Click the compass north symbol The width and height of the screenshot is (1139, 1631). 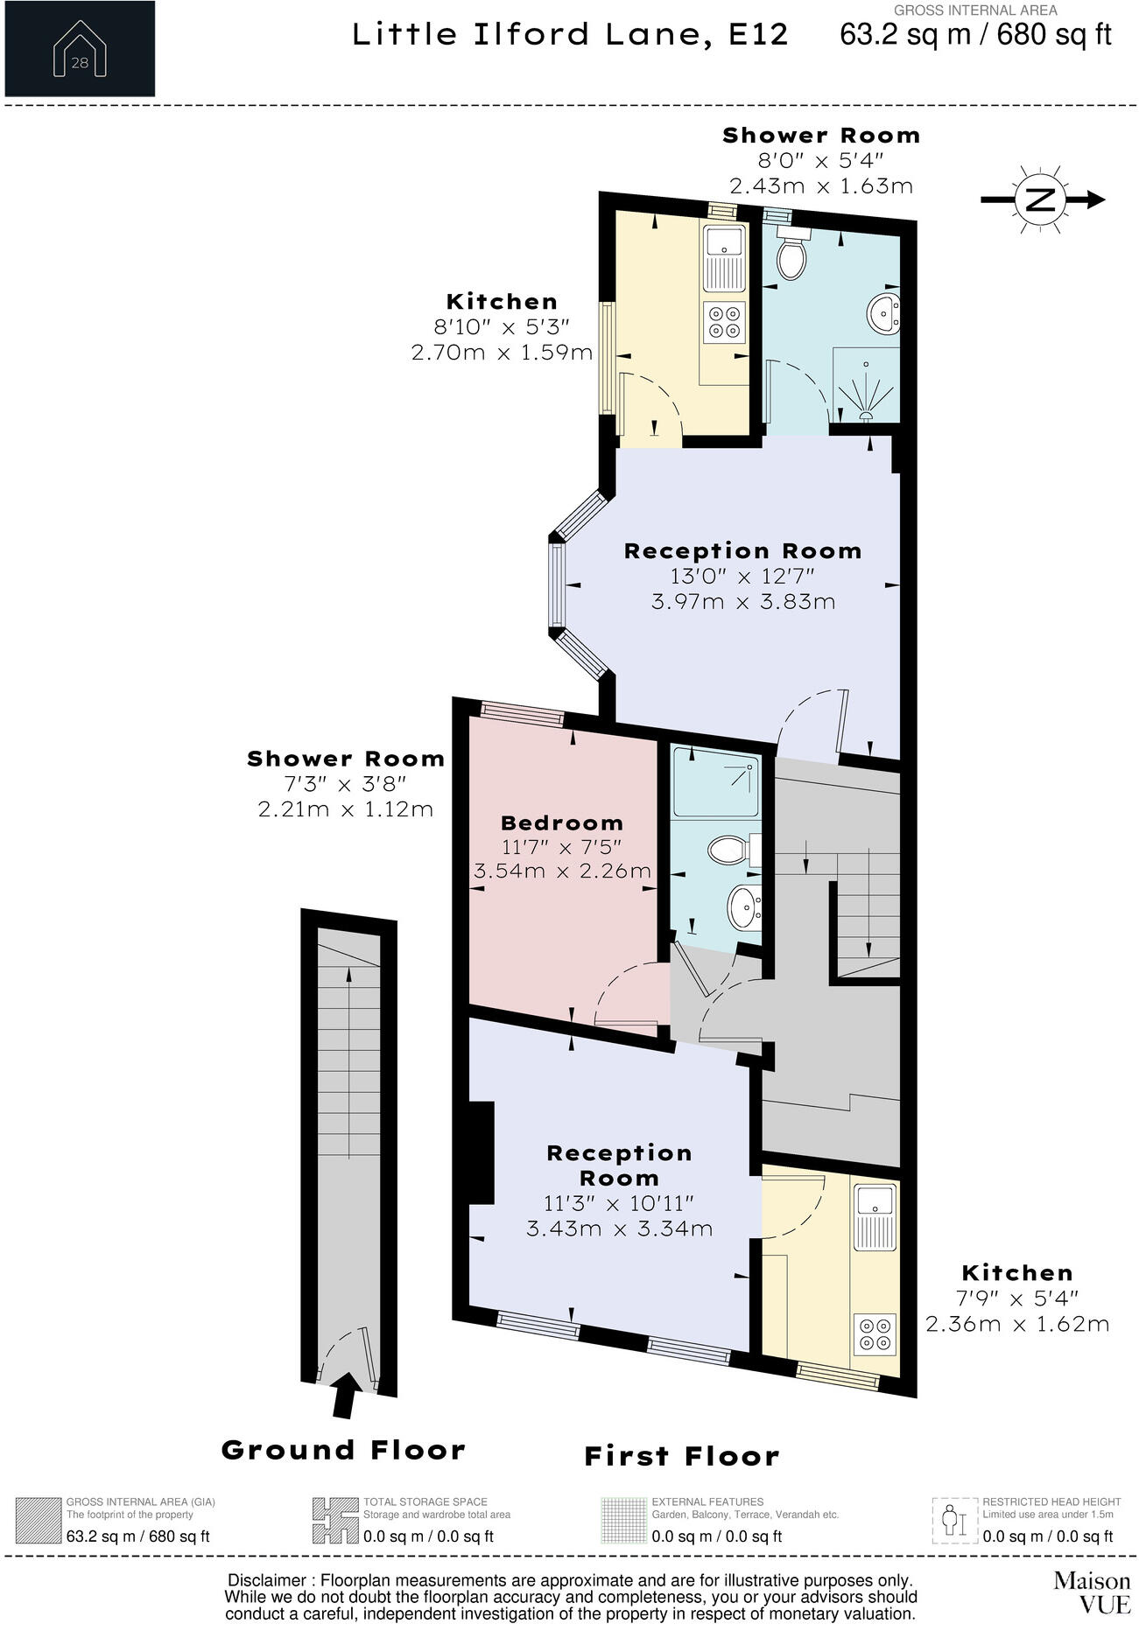point(1040,199)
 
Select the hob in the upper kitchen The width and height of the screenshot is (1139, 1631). point(724,321)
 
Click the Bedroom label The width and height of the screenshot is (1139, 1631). point(562,822)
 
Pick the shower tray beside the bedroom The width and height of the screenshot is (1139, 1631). point(715,782)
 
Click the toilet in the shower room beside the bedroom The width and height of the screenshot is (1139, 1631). point(730,849)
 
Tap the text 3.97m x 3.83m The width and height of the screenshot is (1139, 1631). point(743,602)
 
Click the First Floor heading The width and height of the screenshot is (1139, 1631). point(681,1456)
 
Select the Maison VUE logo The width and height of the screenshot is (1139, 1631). point(1091,1592)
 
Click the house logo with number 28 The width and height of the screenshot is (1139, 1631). point(79,49)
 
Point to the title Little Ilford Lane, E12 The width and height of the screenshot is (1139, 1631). point(570,35)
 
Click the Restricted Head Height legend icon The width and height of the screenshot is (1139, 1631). point(953,1521)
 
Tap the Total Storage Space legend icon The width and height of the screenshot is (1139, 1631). point(334,1521)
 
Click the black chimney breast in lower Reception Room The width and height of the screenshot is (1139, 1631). point(482,1152)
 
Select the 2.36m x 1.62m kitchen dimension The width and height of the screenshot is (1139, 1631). point(1017,1324)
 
